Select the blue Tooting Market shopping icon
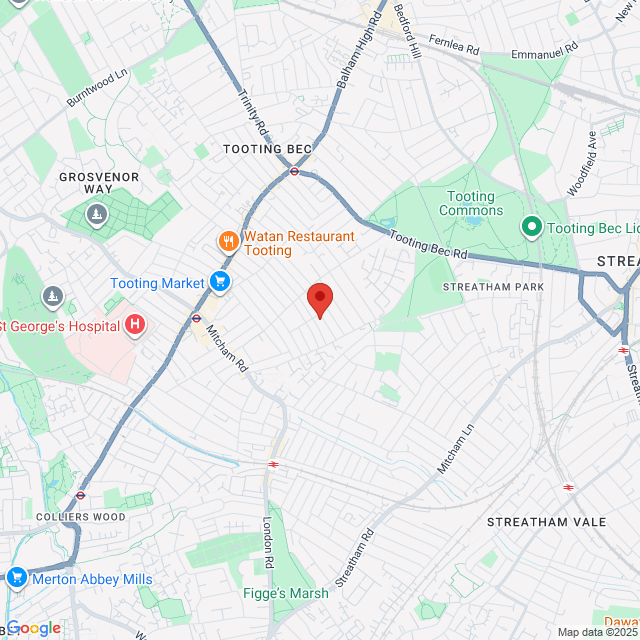220,283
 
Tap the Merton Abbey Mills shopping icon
16,578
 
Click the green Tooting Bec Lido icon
530,228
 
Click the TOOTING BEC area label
267,149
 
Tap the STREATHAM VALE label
546,522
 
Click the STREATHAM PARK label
493,287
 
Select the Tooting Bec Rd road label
428,245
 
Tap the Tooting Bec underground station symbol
295,171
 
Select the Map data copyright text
597,632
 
